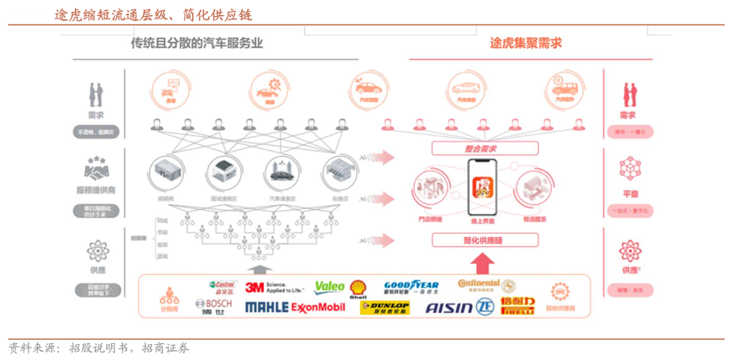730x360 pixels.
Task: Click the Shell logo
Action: [x=358, y=289]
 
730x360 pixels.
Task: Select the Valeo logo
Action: [x=330, y=287]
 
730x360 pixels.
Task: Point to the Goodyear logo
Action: [x=411, y=286]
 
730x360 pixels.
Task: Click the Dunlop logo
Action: [x=385, y=307]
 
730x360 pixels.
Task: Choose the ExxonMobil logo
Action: [x=318, y=307]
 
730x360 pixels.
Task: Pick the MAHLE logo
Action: [x=266, y=307]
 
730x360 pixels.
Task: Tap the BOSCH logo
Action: [x=213, y=303]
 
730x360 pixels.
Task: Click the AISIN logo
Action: [x=448, y=308]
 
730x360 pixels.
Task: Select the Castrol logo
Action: [x=223, y=286]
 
